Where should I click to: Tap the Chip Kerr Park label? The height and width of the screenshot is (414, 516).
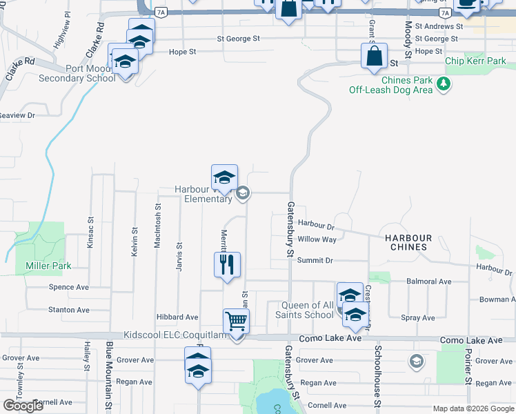point(476,61)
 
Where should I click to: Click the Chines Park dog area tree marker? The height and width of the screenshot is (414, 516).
point(444,85)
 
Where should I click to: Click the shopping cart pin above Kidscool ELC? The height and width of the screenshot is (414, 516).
point(236,321)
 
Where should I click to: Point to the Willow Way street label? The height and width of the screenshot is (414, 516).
point(317,239)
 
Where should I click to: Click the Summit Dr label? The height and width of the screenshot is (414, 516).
point(315,260)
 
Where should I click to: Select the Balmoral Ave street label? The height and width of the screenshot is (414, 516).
point(428,282)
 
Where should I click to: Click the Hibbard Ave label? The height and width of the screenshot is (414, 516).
point(178,317)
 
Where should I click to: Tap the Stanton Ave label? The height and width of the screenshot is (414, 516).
point(69,310)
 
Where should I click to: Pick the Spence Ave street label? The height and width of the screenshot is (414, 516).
point(69,286)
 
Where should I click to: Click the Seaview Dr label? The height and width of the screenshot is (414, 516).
point(17,115)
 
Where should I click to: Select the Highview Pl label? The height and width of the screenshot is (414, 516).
point(63,28)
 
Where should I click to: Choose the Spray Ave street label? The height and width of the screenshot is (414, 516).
point(418,318)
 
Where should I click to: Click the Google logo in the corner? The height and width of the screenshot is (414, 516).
point(24,405)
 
